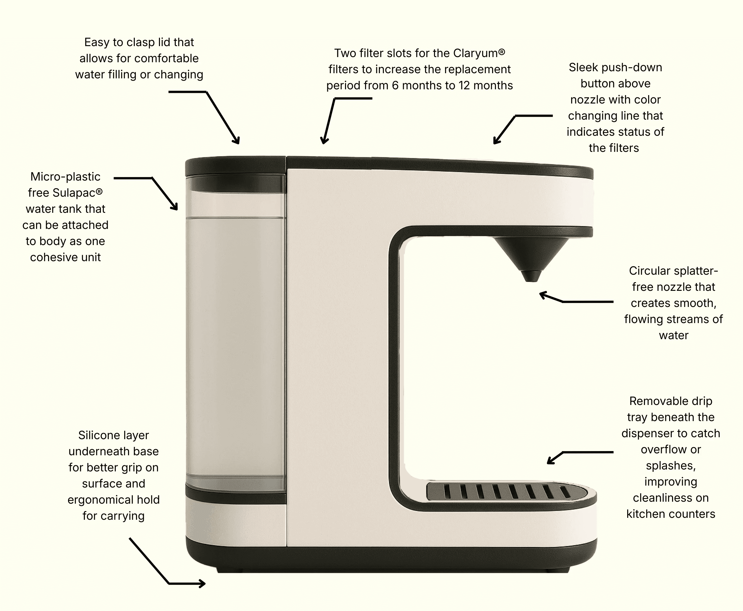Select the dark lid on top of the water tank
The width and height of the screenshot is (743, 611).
click(x=235, y=166)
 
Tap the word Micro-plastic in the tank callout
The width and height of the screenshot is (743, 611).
click(x=65, y=177)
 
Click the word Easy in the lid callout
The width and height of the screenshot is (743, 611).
click(x=97, y=43)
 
